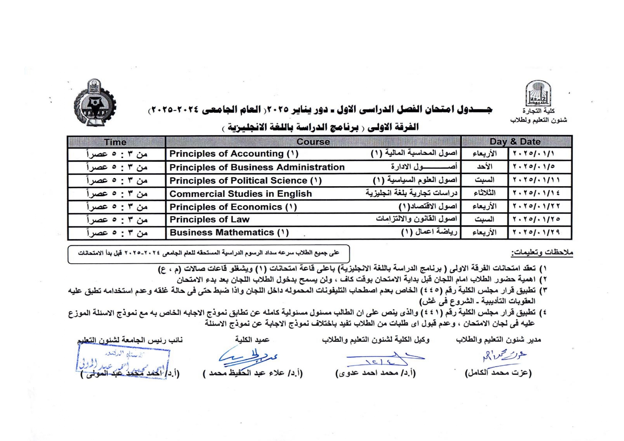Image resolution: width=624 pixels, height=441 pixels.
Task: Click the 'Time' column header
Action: [115, 142]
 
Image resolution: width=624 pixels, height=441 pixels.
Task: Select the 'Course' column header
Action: [313, 142]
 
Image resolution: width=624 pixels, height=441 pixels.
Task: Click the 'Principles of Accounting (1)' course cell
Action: [234, 154]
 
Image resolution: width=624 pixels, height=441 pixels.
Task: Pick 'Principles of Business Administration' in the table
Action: [257, 167]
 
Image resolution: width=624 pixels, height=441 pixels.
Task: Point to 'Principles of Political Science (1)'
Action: [245, 181]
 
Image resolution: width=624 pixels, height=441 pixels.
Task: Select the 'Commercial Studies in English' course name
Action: [240, 194]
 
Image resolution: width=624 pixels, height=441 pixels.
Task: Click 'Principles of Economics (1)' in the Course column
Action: [233, 207]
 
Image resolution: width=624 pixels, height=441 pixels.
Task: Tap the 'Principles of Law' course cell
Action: [209, 220]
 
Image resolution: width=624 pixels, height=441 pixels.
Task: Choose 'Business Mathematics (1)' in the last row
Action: [229, 233]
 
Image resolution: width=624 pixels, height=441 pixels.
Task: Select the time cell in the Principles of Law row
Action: [117, 220]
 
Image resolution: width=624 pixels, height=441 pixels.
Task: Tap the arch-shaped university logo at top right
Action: [539, 93]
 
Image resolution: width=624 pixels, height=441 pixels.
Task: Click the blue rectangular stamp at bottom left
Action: [123, 363]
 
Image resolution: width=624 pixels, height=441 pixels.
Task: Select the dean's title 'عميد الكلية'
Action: [252, 340]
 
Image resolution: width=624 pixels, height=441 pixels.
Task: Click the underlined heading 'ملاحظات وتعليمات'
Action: [542, 253]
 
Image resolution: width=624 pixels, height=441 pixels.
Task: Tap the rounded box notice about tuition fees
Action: [208, 254]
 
